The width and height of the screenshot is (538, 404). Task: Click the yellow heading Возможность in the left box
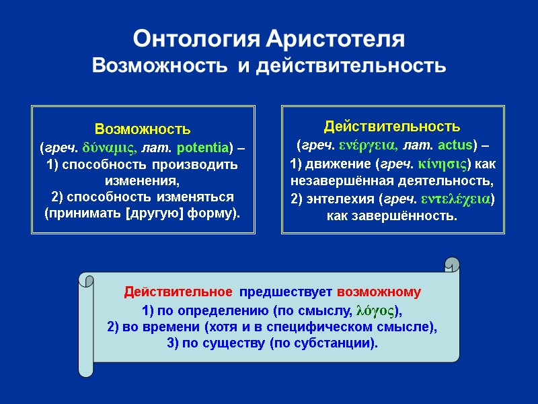pos(143,128)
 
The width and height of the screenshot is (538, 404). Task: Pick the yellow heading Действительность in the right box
pos(392,126)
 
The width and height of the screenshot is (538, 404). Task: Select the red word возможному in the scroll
pos(379,292)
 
